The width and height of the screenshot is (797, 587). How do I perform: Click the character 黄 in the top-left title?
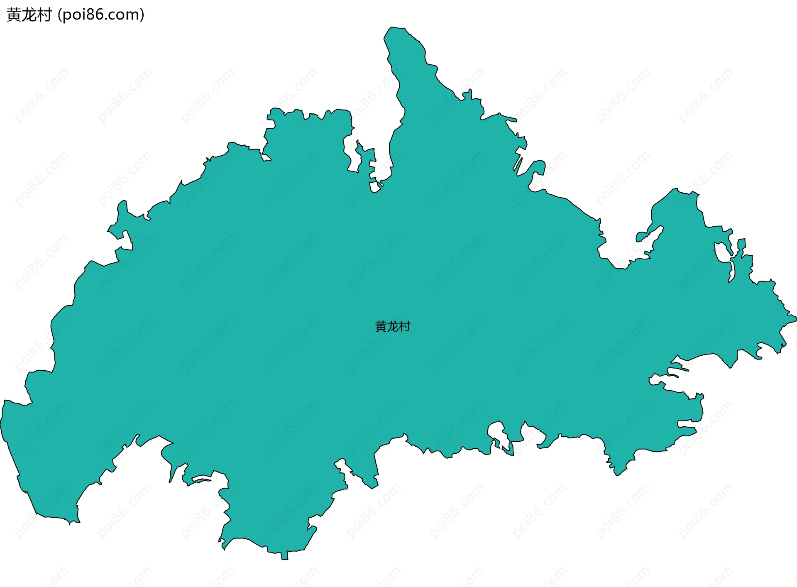click(x=14, y=15)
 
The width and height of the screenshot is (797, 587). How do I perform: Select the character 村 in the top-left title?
click(x=44, y=15)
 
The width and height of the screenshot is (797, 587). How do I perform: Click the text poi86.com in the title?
click(x=101, y=15)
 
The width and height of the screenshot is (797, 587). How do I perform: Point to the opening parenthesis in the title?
click(x=60, y=15)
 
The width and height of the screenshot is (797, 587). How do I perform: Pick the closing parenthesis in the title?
click(x=142, y=15)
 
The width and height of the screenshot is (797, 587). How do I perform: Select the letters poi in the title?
click(x=71, y=15)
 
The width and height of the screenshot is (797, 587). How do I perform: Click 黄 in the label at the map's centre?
click(x=381, y=327)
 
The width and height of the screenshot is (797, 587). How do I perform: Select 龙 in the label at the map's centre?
click(x=392, y=327)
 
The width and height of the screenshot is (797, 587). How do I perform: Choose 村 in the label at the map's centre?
click(x=404, y=327)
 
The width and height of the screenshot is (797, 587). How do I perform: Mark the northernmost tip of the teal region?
click(x=392, y=27)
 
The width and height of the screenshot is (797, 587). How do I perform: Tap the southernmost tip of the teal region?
click(x=285, y=559)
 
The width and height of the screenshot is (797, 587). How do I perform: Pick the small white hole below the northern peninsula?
click(x=375, y=187)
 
